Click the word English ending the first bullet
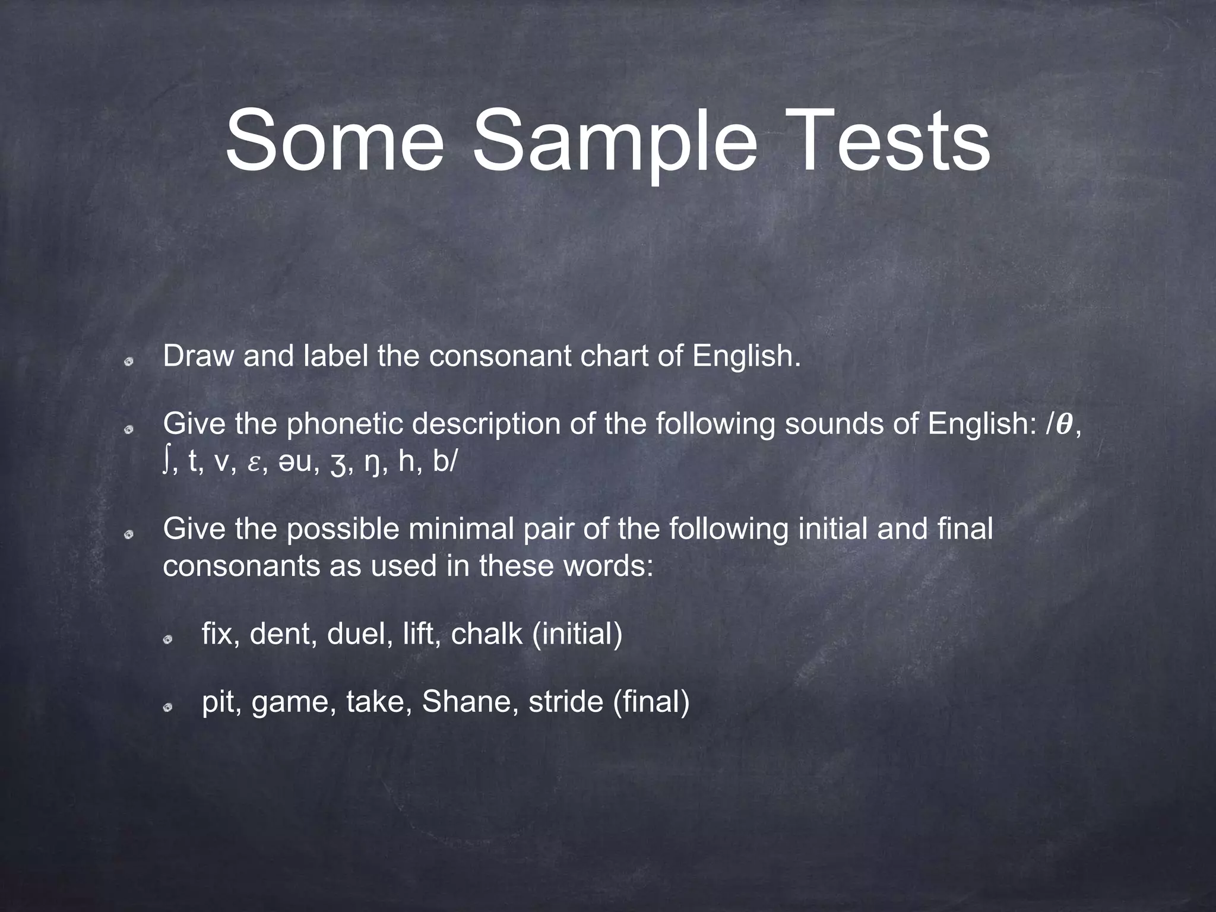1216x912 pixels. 746,356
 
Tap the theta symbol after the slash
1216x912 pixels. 1066,424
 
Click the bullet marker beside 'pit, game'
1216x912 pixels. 169,707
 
